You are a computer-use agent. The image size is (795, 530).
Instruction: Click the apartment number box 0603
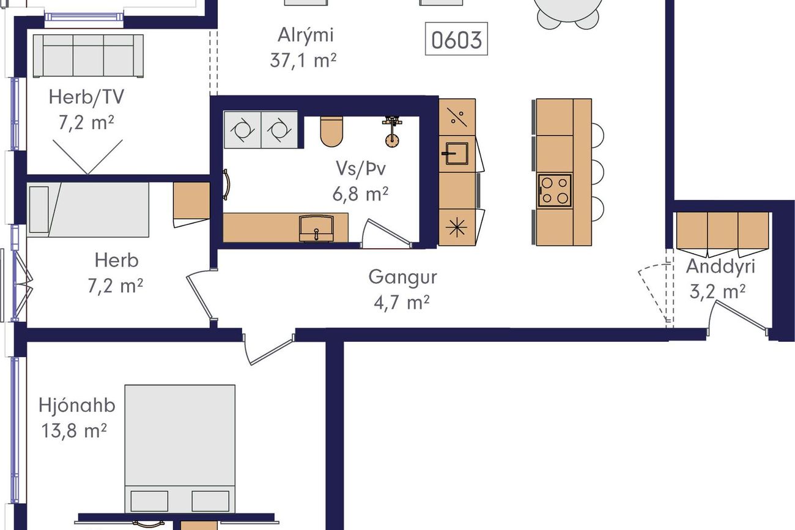456,39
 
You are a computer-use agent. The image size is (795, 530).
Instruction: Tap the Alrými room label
306,35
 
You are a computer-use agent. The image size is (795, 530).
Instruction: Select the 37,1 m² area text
303,60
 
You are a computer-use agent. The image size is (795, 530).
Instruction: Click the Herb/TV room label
87,97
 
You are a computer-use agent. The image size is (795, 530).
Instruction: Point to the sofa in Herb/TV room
89,56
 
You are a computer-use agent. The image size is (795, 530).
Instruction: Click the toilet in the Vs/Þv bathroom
331,131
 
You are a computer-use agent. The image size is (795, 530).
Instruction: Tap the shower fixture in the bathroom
392,131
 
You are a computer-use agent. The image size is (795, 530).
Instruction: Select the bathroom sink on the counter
317,229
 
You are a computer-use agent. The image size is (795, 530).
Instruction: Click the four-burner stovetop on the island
555,191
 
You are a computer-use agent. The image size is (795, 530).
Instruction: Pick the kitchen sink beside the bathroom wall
456,153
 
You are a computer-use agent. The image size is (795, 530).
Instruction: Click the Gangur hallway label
402,277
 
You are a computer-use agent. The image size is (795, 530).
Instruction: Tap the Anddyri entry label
720,267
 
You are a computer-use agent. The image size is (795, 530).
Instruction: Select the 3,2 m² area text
717,292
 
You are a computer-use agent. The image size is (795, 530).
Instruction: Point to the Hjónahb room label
77,405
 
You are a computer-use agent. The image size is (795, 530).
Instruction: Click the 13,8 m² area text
74,431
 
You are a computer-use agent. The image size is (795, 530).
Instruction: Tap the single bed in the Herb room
88,210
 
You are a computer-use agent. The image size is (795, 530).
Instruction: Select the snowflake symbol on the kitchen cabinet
457,227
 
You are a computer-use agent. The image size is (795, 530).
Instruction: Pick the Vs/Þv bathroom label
361,169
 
